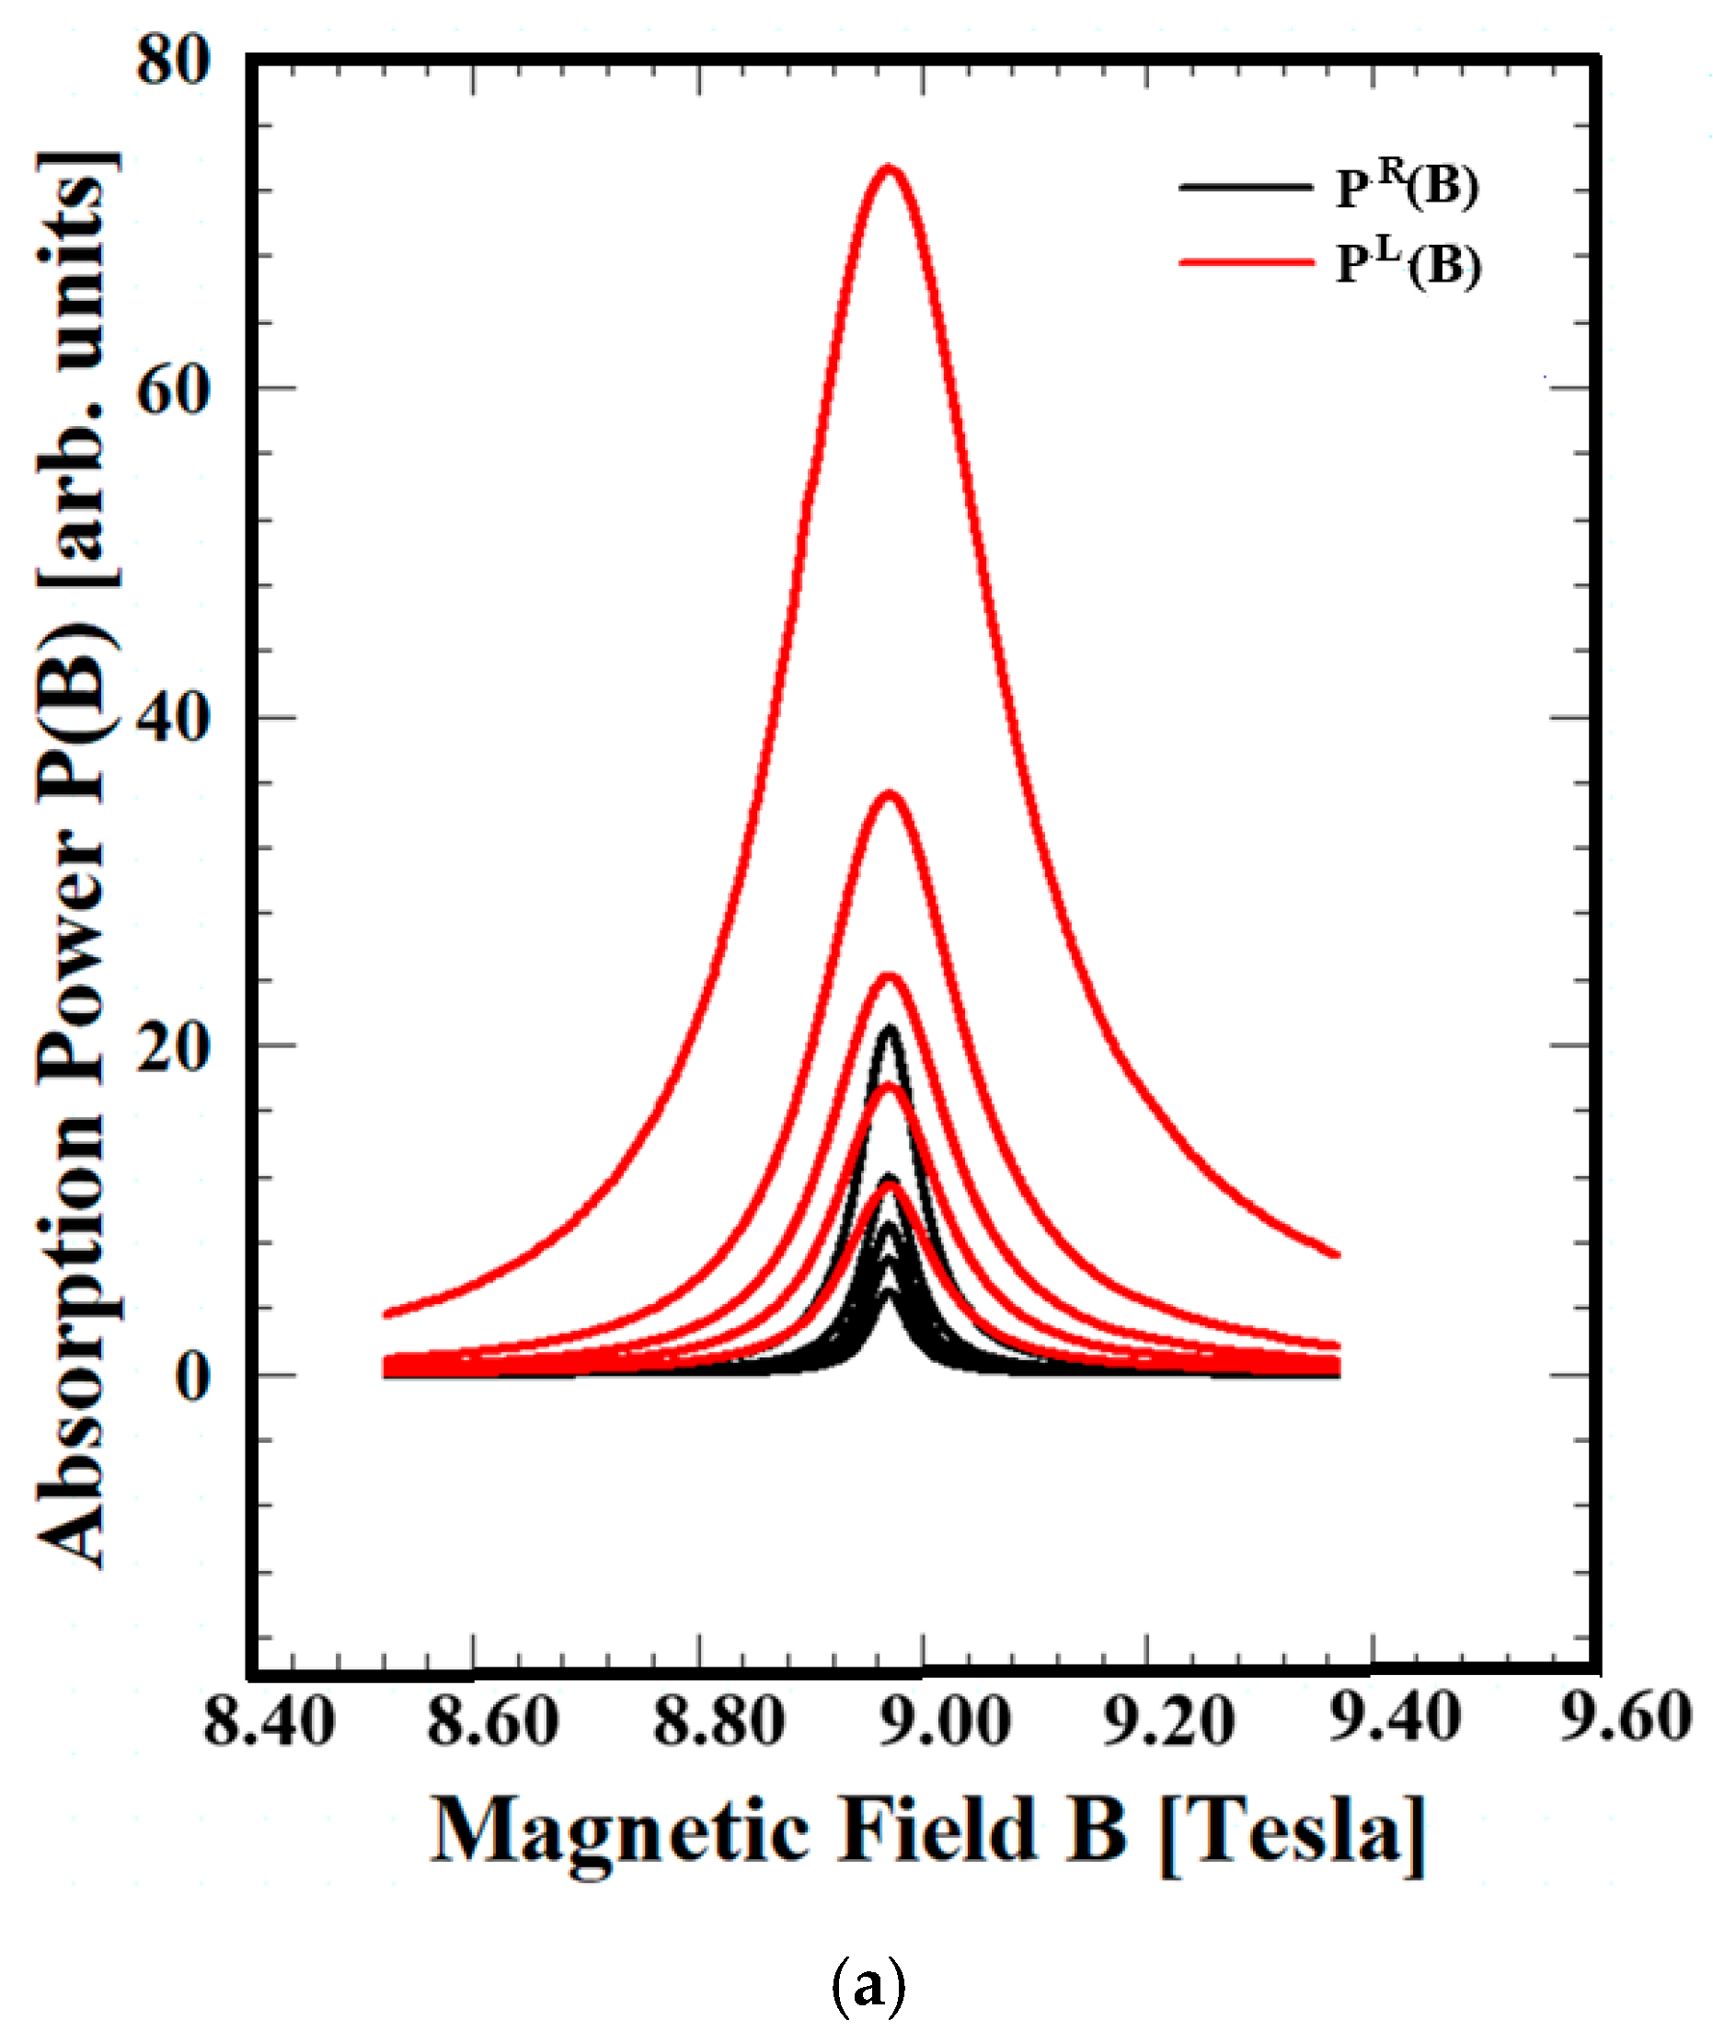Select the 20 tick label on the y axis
173,1048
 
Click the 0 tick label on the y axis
192,1377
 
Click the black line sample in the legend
1245,187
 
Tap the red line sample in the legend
1245,261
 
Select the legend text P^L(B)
1408,263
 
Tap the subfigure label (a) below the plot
868,1985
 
